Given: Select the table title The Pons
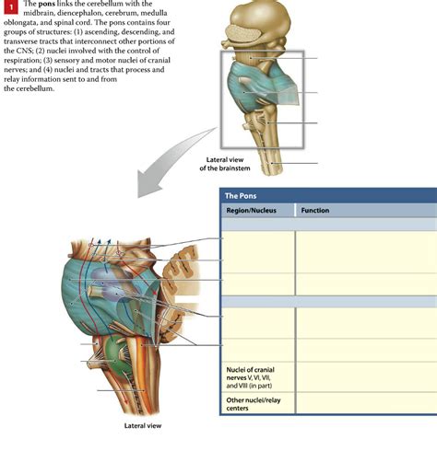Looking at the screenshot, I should point(242,196).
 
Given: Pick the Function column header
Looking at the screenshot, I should point(315,211).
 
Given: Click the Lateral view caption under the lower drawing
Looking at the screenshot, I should point(143,426).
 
